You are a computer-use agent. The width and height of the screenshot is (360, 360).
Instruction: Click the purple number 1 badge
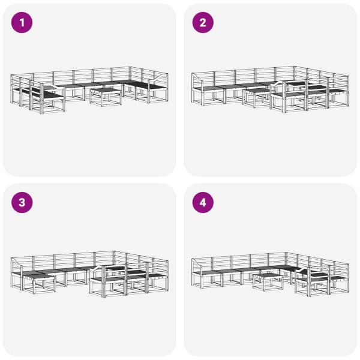23,23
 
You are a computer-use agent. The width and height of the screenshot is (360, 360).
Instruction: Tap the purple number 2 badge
203,23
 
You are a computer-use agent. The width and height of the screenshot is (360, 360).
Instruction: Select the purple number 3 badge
23,203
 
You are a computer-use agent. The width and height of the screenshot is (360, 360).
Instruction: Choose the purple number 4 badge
203,203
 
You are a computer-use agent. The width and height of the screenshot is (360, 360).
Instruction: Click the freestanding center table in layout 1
107,95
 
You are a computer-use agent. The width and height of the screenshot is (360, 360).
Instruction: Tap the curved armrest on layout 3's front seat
99,268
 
